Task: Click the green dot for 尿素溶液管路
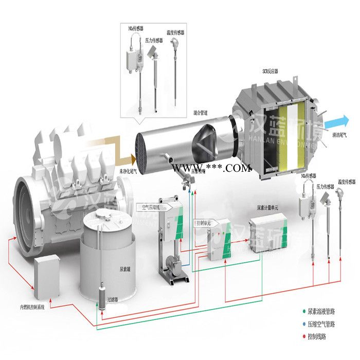303,311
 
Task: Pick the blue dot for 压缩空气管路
303,324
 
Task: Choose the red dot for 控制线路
303,337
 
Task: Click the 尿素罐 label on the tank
125,269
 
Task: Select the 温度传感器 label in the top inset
175,32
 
